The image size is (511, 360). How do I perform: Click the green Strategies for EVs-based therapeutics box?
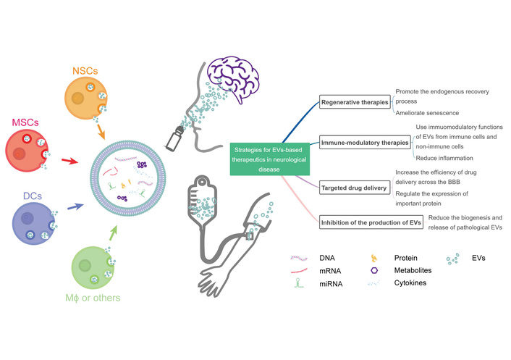pos(269,158)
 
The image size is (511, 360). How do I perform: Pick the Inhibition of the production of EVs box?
pos(371,222)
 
